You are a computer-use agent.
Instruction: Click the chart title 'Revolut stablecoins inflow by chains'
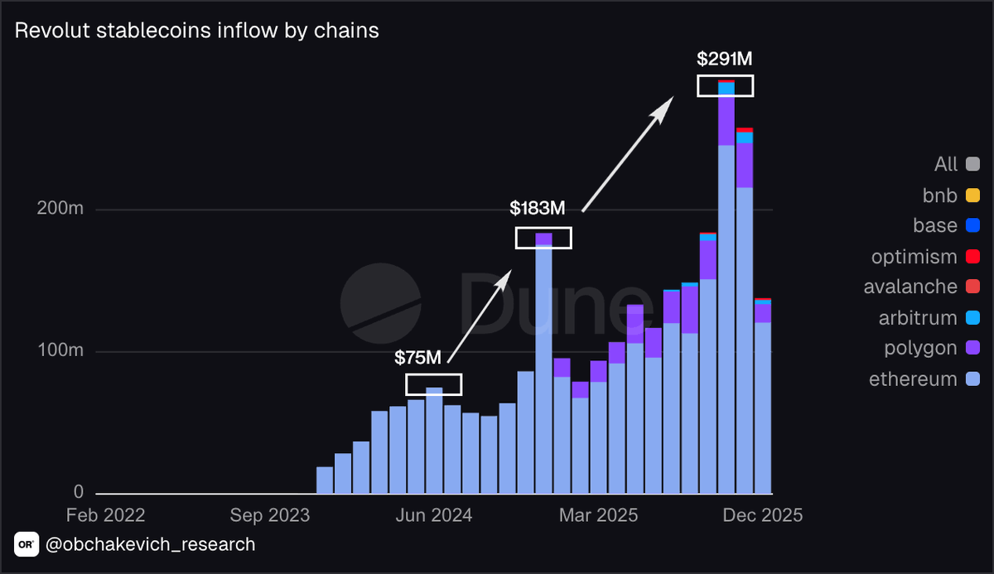point(197,31)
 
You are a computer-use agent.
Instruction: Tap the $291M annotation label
point(725,60)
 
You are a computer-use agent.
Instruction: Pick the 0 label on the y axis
point(78,492)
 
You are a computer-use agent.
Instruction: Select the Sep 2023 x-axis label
point(270,515)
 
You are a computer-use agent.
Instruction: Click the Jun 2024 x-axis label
point(434,515)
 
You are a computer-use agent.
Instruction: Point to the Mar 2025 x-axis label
point(599,515)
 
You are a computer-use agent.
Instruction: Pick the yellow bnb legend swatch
point(972,195)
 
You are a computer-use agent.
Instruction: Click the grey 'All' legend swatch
point(972,165)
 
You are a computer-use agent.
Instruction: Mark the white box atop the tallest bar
point(725,85)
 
